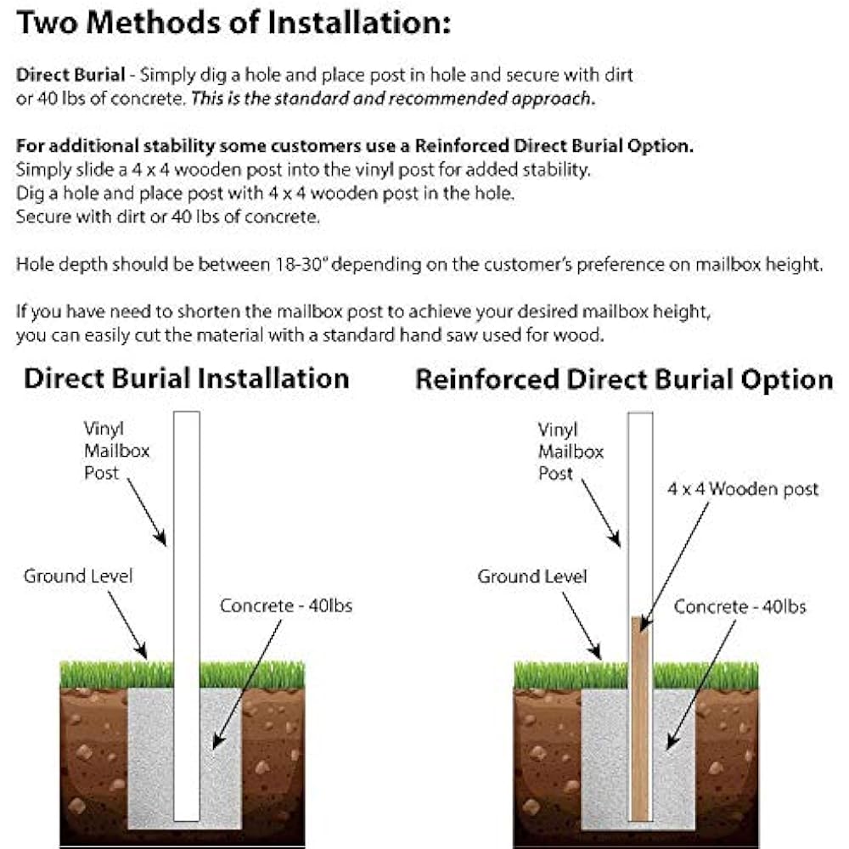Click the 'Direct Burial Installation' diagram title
(186, 378)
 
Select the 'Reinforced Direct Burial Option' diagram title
(624, 380)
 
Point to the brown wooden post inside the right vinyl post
(640, 722)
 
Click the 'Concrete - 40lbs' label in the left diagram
(286, 605)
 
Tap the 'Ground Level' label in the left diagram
(78, 576)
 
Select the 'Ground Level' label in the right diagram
(532, 576)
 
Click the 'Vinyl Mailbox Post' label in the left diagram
(116, 450)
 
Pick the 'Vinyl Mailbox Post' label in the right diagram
(571, 451)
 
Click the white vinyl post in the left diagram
(187, 552)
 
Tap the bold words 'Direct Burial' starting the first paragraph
(58, 75)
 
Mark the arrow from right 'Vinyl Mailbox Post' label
(601, 514)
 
